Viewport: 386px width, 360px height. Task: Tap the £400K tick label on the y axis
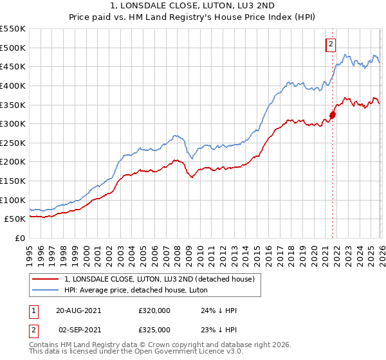(x=13, y=85)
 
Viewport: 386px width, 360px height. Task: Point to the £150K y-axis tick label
(x=13, y=181)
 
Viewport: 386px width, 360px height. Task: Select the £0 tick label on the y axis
(x=19, y=239)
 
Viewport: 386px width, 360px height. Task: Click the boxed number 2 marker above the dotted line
(x=331, y=44)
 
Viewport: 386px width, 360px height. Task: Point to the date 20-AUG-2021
(x=78, y=310)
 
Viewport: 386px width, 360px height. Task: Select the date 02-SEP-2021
(x=78, y=330)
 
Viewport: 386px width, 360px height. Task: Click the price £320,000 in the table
(x=154, y=310)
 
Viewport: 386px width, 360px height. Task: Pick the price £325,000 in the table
(x=154, y=330)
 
